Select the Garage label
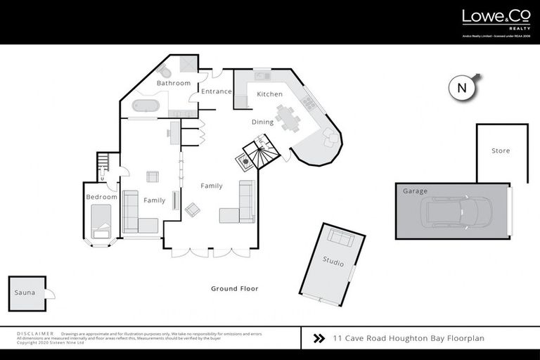415,191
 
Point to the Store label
501,151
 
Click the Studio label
333,264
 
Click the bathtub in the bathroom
146,107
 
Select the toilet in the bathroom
165,72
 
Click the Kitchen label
269,94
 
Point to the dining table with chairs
287,117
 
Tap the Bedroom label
101,197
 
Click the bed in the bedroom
103,224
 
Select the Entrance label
216,91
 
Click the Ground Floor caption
235,288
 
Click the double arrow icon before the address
319,338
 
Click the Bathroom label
173,83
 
